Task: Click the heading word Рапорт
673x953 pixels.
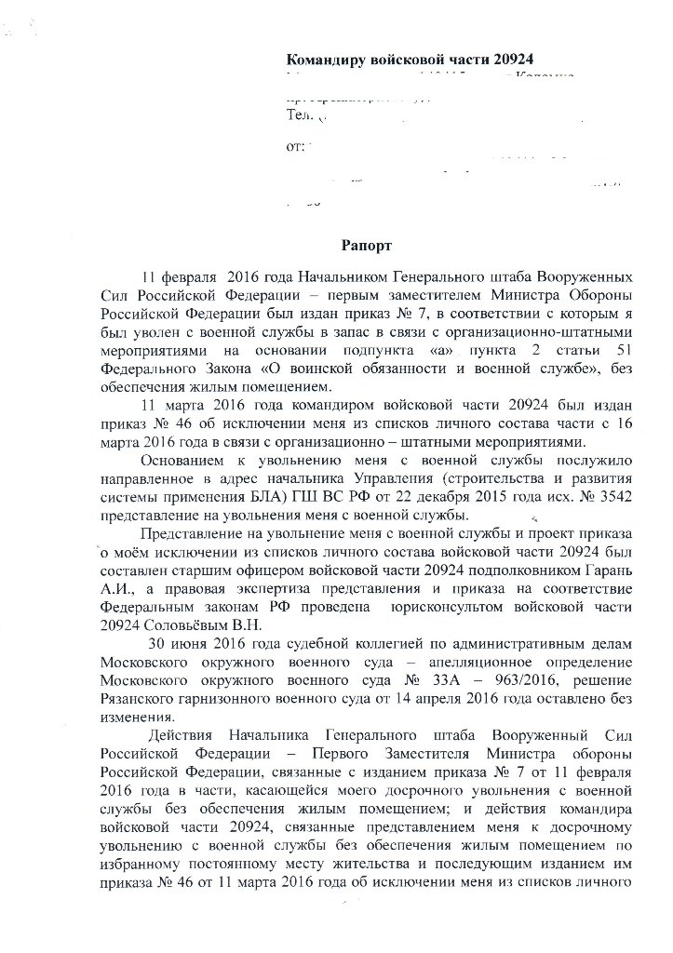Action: tap(366, 247)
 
